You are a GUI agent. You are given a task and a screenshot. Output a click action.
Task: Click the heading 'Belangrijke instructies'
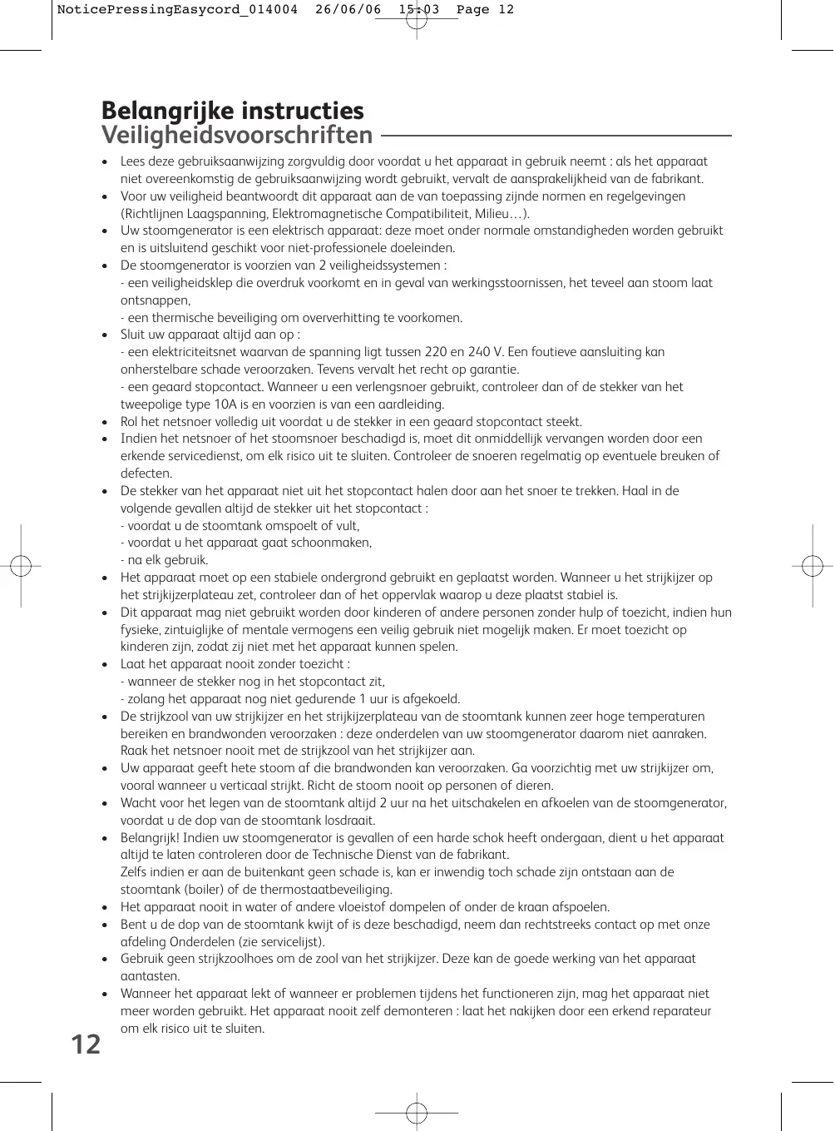pos(232,111)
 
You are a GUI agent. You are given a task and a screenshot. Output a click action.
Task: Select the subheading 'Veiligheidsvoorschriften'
pos(236,135)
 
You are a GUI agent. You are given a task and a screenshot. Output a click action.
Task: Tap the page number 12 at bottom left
pos(85,1044)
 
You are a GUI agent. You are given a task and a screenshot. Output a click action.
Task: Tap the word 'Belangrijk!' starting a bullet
pos(151,838)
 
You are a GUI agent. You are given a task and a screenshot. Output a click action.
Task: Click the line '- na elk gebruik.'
pos(165,560)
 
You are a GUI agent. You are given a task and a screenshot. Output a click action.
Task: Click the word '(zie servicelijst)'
pos(277,942)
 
